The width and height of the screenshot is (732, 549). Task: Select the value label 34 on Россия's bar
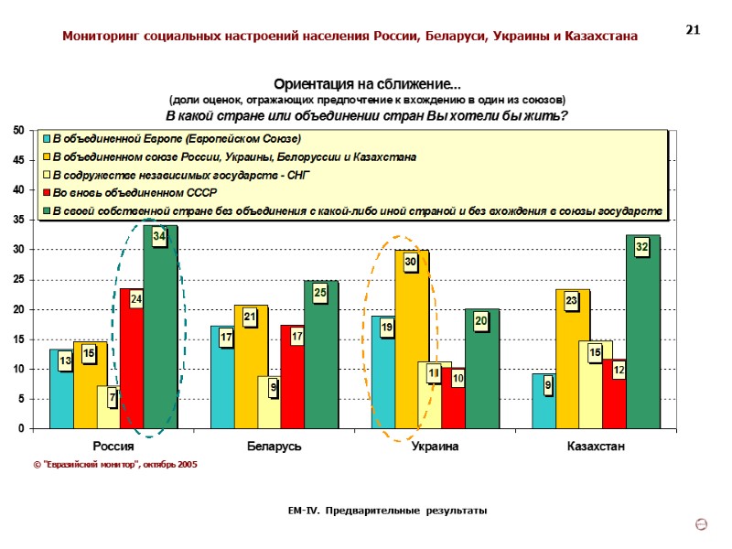click(159, 237)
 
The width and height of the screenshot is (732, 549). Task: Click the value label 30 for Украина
click(411, 263)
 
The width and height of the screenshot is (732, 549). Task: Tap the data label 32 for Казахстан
click(642, 246)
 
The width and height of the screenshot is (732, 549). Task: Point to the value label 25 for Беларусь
click(320, 293)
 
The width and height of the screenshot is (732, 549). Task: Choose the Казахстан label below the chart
click(596, 447)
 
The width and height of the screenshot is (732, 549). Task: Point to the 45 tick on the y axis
click(18, 161)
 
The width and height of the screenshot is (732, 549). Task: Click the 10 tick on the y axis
click(18, 369)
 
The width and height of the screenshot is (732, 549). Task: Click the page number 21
click(693, 31)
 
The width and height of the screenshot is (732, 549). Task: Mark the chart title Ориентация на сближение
click(367, 84)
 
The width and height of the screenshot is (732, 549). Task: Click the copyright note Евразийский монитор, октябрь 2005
click(114, 465)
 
